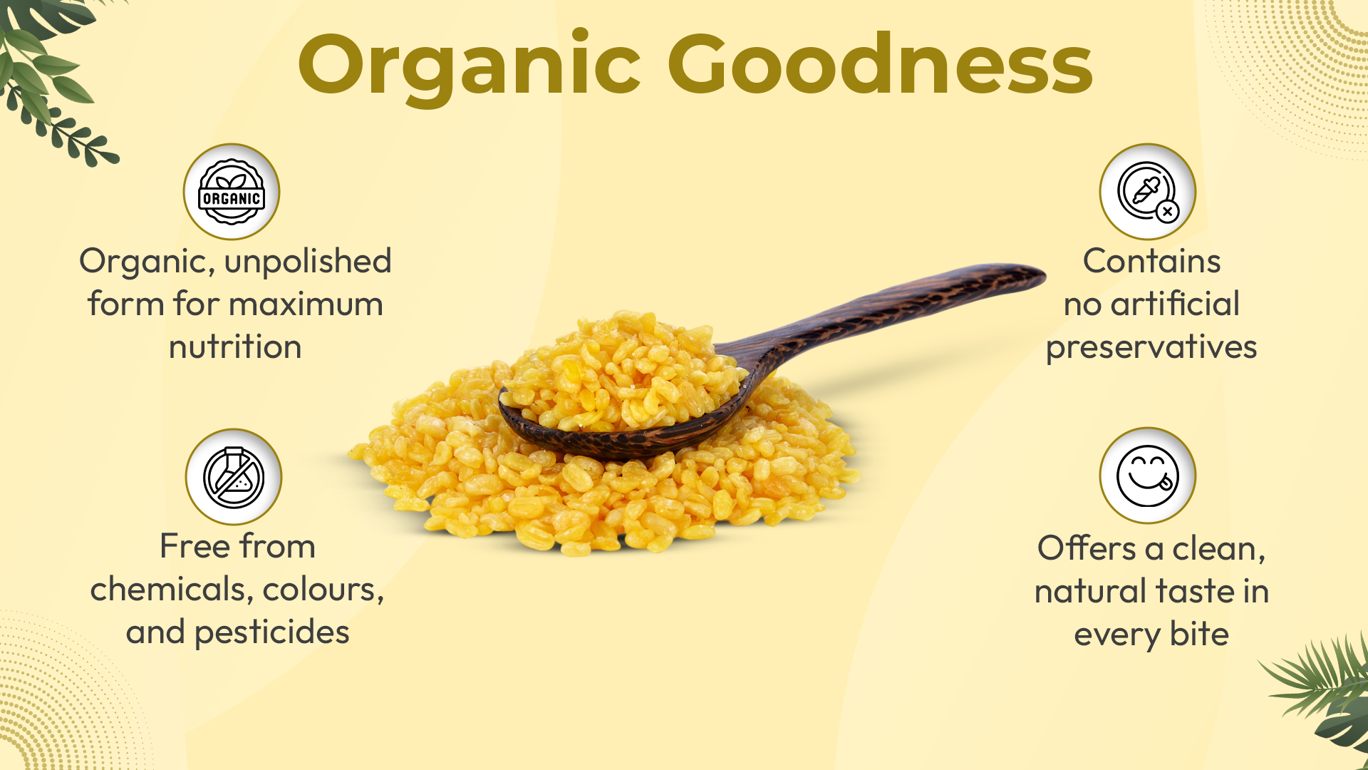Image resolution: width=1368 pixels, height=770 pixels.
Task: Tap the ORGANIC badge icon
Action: pos(232,192)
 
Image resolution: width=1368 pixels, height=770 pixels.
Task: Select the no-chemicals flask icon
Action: pos(234,477)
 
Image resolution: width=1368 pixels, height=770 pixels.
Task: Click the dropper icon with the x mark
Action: pos(1148,192)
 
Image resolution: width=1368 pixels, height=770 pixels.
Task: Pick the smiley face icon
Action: pos(1148,476)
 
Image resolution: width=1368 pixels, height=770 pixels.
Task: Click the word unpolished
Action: pos(308,262)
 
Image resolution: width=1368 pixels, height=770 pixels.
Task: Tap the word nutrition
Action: pos(235,347)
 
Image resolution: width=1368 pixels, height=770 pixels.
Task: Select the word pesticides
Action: pos(272,633)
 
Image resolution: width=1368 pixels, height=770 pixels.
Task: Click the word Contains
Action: pos(1151,261)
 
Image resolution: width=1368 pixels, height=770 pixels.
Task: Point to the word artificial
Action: pos(1175,304)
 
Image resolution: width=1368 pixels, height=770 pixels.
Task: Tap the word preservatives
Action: pos(1151,348)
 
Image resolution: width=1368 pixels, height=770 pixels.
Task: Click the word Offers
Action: pos(1087,548)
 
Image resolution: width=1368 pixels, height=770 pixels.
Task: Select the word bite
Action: pos(1199,634)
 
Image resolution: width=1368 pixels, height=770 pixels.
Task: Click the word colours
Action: pos(323,590)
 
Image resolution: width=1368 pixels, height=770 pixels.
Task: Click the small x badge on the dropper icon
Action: pos(1167,212)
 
